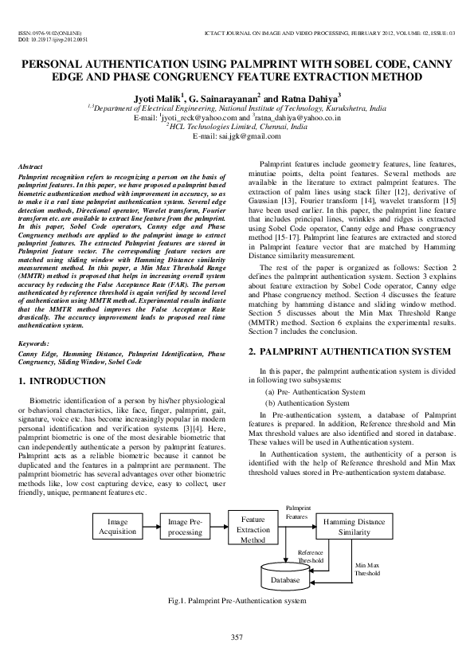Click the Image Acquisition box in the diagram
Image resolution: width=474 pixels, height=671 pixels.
click(117, 527)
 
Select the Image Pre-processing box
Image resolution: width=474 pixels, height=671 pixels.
click(185, 527)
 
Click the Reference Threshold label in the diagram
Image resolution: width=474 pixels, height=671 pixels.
click(310, 556)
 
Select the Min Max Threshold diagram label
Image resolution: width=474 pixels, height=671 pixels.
click(367, 569)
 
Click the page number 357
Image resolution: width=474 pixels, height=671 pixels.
click(237, 636)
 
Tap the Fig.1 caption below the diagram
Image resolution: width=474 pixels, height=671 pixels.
click(237, 599)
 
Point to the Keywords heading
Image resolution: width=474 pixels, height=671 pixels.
click(33, 343)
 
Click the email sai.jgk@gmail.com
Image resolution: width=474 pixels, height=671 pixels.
click(237, 136)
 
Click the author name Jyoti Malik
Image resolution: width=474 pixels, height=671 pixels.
click(155, 96)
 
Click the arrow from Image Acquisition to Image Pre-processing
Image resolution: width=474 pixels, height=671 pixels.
click(150, 527)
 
